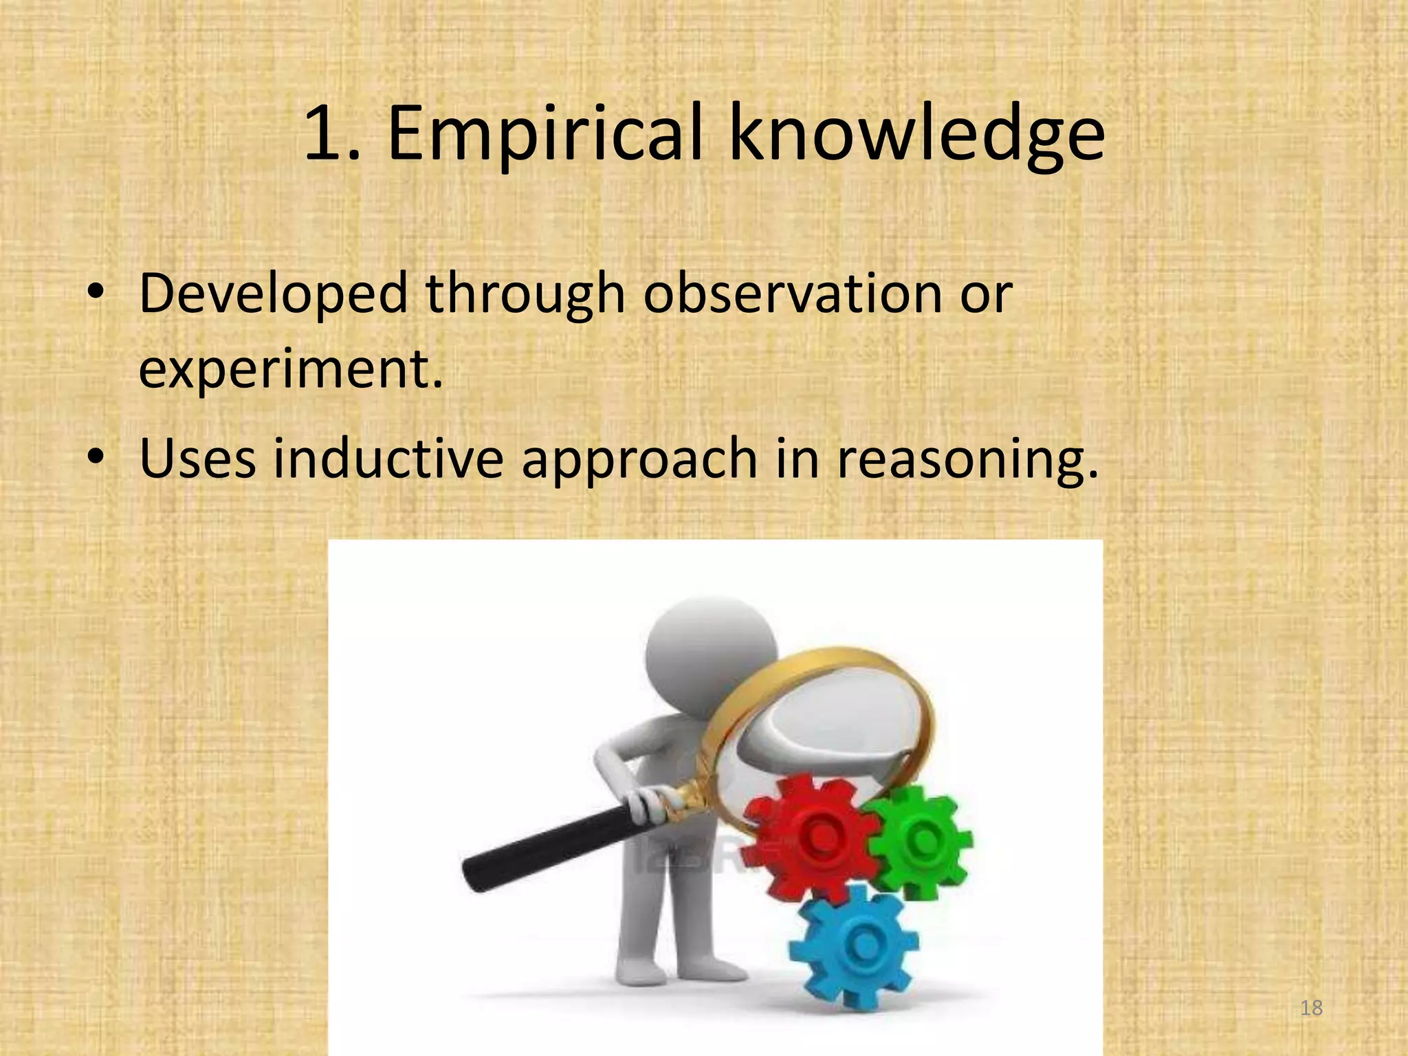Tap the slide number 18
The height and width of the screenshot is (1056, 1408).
click(1312, 1008)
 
